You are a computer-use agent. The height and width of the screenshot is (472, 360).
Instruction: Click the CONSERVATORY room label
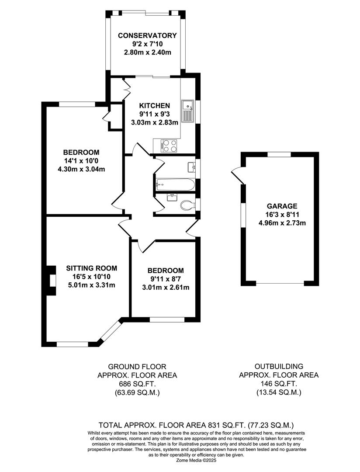pos(147,35)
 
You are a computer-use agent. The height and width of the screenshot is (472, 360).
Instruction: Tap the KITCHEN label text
pos(154,106)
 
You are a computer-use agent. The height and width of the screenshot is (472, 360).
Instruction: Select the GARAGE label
pos(282,206)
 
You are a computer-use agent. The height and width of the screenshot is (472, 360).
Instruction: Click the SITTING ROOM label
pos(91,268)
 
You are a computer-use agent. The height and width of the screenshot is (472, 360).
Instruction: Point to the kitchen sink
pos(188,112)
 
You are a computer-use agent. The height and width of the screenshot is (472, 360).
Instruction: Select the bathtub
pos(175,184)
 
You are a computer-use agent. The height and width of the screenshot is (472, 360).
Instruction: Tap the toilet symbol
pos(187,205)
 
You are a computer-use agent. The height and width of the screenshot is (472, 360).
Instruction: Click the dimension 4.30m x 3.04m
pos(81,169)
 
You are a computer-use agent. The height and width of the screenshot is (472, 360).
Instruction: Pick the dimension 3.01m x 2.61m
pos(166,288)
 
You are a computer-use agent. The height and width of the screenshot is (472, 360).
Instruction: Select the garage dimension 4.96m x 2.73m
pos(282,223)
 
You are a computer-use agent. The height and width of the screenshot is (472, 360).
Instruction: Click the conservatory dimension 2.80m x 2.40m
pos(148,52)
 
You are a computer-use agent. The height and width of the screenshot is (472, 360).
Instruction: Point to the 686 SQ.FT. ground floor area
pos(137,384)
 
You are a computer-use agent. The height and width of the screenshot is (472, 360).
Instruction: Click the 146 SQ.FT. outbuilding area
pos(279,384)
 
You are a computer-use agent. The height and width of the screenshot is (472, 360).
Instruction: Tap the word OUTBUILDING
pos(279,366)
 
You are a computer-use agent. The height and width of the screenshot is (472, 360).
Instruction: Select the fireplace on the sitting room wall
pos(51,281)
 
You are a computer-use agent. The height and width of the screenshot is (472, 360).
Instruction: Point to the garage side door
pos(238,176)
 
